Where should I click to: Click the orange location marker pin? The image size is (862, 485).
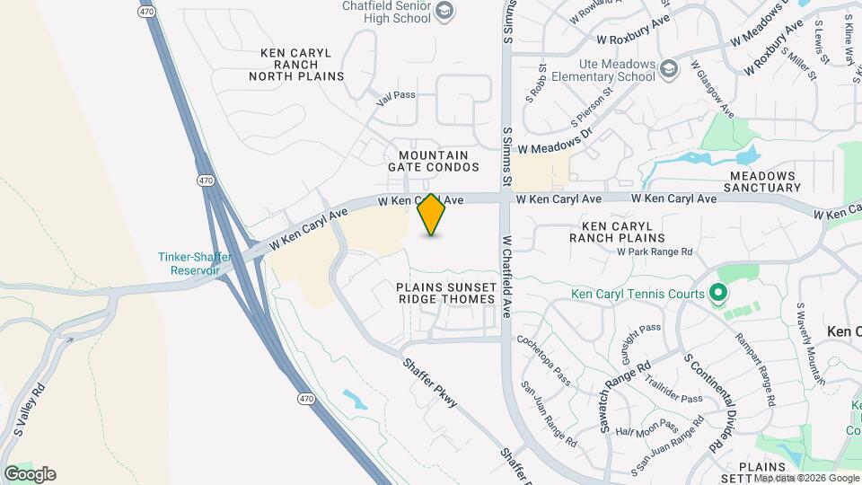(431, 215)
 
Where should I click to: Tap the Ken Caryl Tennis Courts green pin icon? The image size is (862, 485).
(717, 293)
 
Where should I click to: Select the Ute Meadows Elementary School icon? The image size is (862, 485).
(669, 69)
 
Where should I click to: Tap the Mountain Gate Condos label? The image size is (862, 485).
(433, 161)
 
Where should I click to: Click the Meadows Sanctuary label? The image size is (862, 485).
(764, 181)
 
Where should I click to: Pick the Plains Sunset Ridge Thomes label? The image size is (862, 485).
(445, 292)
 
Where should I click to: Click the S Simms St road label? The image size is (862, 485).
(507, 156)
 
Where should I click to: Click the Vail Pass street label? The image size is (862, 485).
(397, 94)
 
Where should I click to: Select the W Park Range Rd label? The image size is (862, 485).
(655, 252)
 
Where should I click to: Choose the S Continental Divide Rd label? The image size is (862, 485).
(702, 401)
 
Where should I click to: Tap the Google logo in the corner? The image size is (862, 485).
(30, 474)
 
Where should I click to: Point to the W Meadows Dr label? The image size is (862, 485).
(556, 141)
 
